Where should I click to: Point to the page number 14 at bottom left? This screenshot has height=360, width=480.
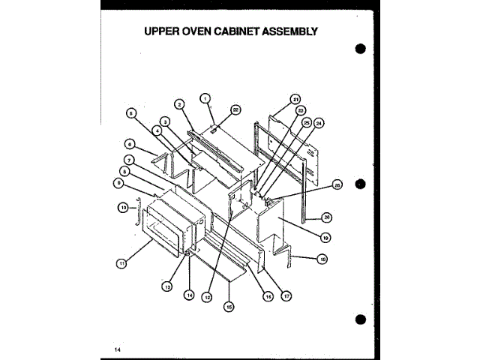[118, 349]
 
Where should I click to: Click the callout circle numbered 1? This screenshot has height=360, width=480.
[205, 97]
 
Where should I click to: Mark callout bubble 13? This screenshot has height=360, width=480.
[166, 286]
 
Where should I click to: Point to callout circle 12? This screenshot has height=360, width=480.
[208, 297]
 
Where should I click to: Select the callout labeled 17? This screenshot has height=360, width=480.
[286, 295]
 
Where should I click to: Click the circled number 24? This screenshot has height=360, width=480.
[319, 122]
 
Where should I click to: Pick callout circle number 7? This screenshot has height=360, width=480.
[130, 160]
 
